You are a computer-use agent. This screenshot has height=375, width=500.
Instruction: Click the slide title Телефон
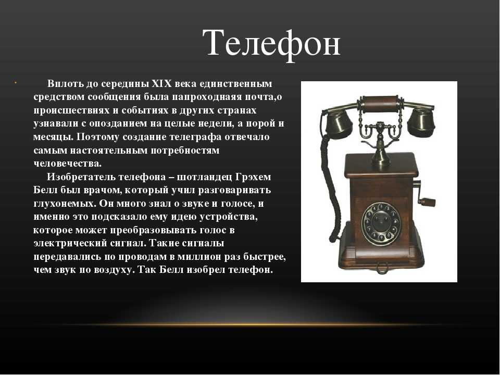271,44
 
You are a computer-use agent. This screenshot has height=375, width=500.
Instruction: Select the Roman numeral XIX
161,83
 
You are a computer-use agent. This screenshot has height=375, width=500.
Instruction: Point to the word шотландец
204,177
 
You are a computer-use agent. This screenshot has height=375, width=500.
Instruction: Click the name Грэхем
253,177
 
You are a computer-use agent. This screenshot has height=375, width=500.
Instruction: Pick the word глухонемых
65,204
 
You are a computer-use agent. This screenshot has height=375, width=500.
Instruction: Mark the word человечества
67,164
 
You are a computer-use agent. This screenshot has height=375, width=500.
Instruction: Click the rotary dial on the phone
381,223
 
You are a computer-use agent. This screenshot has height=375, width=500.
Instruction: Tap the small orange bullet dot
15,83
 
